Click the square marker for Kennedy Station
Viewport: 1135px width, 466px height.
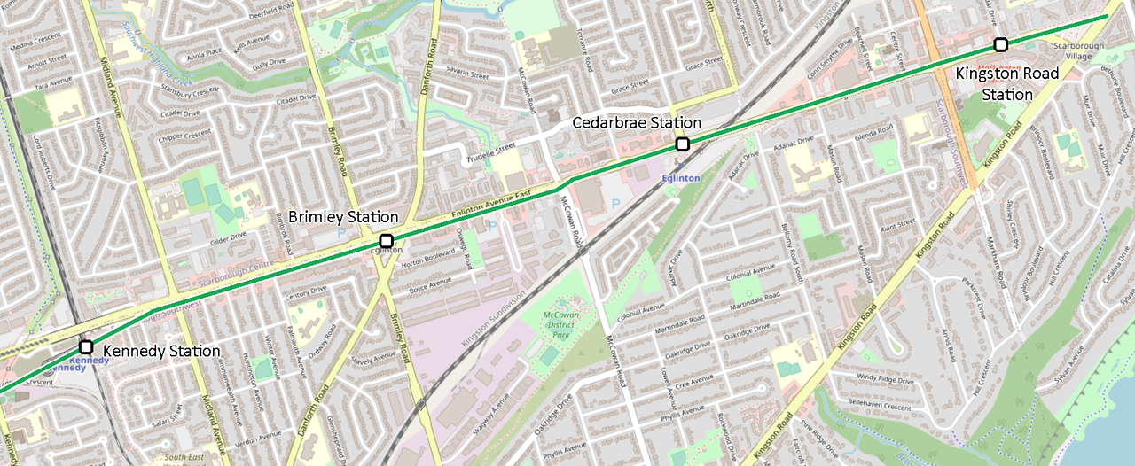pyautogui.click(x=86, y=346)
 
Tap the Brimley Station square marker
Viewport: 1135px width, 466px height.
pyautogui.click(x=386, y=241)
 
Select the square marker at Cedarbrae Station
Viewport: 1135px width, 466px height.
pyautogui.click(x=682, y=144)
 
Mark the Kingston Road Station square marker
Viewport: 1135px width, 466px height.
pyautogui.click(x=1000, y=44)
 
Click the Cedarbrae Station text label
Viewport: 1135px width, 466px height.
pyautogui.click(x=637, y=123)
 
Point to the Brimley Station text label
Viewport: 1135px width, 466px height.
pyautogui.click(x=343, y=217)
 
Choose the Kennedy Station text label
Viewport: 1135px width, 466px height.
pyautogui.click(x=161, y=352)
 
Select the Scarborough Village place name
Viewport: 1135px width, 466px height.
pyautogui.click(x=1078, y=50)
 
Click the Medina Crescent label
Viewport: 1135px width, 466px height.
pyautogui.click(x=35, y=48)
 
